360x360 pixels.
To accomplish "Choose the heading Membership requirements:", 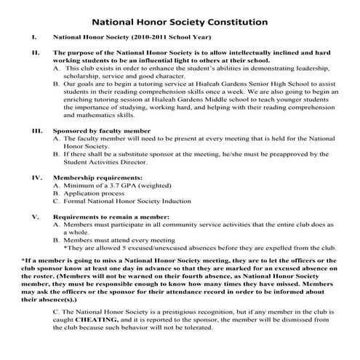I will point(96,177).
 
